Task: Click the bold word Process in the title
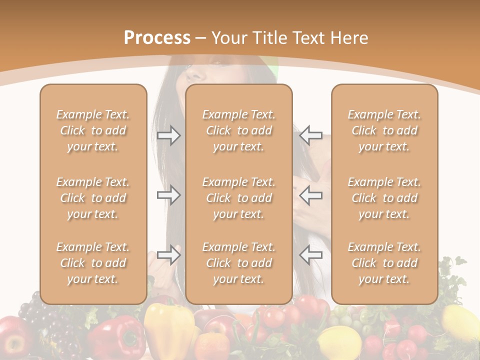click(x=157, y=38)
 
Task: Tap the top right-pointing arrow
click(x=169, y=135)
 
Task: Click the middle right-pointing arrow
click(x=169, y=194)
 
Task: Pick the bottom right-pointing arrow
click(x=169, y=255)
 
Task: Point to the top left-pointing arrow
click(x=310, y=135)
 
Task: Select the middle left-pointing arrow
click(x=310, y=194)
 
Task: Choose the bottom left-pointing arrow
click(x=310, y=255)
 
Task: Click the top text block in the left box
click(x=93, y=130)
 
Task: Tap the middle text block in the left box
click(x=93, y=198)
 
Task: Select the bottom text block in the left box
click(x=93, y=263)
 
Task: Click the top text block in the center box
click(x=238, y=130)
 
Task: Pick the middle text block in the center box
click(x=238, y=198)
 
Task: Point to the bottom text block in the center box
click(x=238, y=263)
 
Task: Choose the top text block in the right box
click(x=384, y=130)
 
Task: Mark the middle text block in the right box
click(x=384, y=198)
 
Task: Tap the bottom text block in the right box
click(x=384, y=263)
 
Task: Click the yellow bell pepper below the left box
click(x=169, y=327)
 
